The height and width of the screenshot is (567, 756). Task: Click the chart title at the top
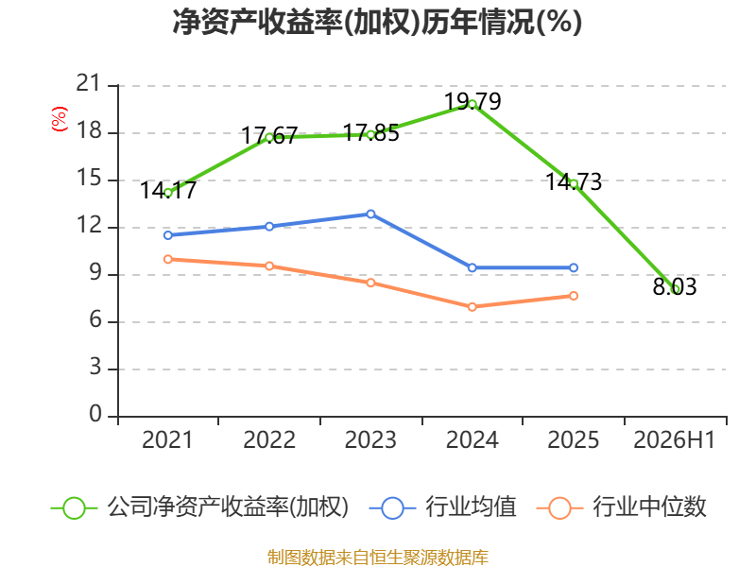pyautogui.click(x=377, y=22)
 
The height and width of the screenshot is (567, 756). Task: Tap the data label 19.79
pyautogui.click(x=472, y=101)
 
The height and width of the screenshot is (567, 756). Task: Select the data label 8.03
pyautogui.click(x=675, y=286)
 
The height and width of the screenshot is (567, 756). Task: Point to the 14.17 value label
pyautogui.click(x=168, y=191)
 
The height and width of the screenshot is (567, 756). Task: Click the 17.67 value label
pyautogui.click(x=269, y=135)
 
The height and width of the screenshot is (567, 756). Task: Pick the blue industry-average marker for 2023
pyautogui.click(x=370, y=215)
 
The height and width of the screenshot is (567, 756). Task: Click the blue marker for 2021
pyautogui.click(x=168, y=235)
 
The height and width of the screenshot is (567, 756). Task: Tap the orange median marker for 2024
pyautogui.click(x=472, y=306)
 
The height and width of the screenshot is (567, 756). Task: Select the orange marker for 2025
pyautogui.click(x=574, y=296)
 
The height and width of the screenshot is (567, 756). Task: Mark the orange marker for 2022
pyautogui.click(x=269, y=266)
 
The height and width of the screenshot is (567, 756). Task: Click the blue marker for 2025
pyautogui.click(x=574, y=267)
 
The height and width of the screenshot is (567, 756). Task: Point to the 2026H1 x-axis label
pyautogui.click(x=675, y=440)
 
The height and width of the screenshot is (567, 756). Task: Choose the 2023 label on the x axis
pyautogui.click(x=370, y=440)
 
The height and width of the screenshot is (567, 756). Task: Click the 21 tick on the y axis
pyautogui.click(x=88, y=84)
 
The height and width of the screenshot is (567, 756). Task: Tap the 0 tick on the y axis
pyautogui.click(x=95, y=415)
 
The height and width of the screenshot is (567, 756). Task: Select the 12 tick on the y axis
pyautogui.click(x=89, y=226)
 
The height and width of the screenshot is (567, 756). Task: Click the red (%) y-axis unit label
pyautogui.click(x=60, y=119)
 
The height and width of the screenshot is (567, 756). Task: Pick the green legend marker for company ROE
pyautogui.click(x=75, y=508)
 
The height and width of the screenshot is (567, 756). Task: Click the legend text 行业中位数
pyautogui.click(x=649, y=507)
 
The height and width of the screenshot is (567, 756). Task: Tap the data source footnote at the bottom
pyautogui.click(x=378, y=558)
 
